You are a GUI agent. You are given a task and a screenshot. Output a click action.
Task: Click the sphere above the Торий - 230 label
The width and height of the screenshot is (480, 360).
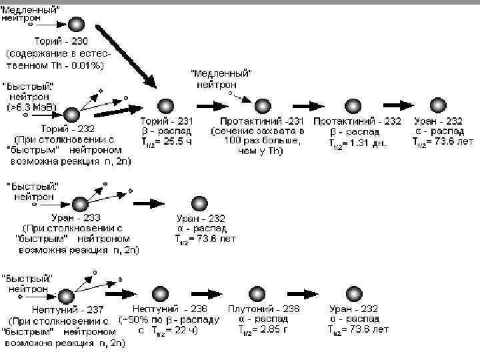pos(77,25)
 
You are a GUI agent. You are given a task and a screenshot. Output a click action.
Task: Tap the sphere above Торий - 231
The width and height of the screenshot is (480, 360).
pos(165,105)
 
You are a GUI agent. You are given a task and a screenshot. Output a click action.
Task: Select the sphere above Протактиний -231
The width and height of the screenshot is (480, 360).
pos(263,105)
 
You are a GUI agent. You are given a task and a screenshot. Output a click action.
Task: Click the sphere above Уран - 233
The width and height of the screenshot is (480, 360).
pos(80,203)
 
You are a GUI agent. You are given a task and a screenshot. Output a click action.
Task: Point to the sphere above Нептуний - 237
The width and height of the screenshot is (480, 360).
pos(66,296)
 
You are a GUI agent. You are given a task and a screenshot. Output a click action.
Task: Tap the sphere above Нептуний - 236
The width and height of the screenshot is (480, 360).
pos(161,295)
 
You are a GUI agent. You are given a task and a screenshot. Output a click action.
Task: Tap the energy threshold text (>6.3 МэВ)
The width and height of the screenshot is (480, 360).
pos(33,106)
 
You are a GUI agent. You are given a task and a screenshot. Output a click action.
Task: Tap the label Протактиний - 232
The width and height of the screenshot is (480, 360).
pos(357,122)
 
